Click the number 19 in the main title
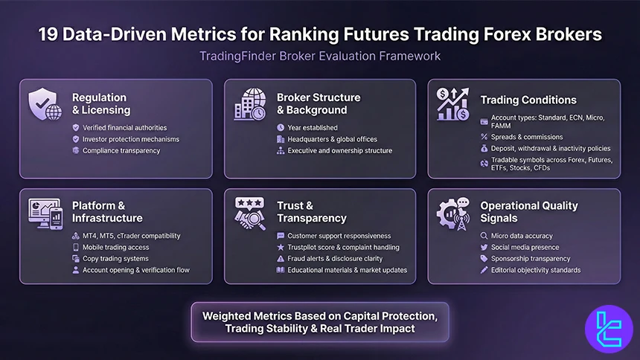[50, 34]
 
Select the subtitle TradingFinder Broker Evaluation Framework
[320, 56]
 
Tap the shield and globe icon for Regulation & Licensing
[45, 105]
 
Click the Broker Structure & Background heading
[319, 103]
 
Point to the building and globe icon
[249, 105]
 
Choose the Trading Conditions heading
[528, 100]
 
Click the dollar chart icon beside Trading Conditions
[452, 104]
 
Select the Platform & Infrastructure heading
[107, 211]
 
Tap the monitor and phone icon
[45, 213]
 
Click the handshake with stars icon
[249, 213]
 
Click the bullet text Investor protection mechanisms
[131, 139]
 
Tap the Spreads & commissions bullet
[528, 137]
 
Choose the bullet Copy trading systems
[115, 258]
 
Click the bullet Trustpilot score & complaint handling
[343, 247]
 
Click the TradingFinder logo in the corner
[608, 329]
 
